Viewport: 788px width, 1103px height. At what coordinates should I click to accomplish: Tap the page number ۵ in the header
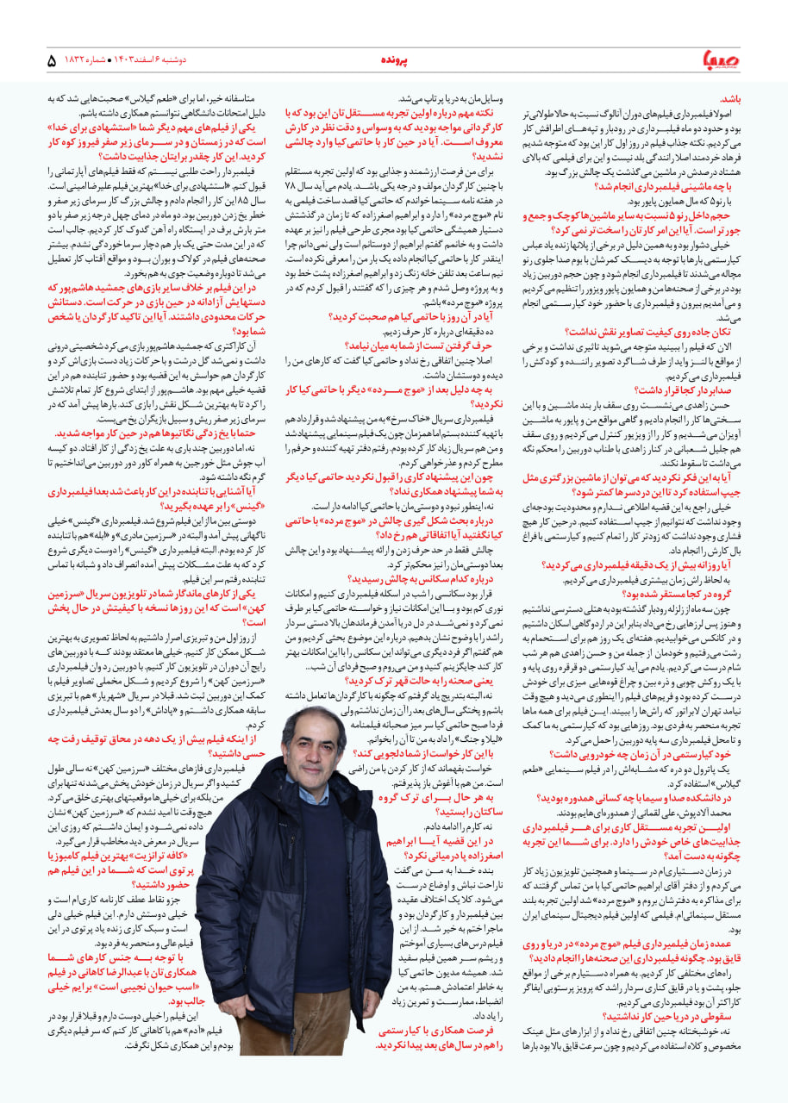[x=52, y=61]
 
